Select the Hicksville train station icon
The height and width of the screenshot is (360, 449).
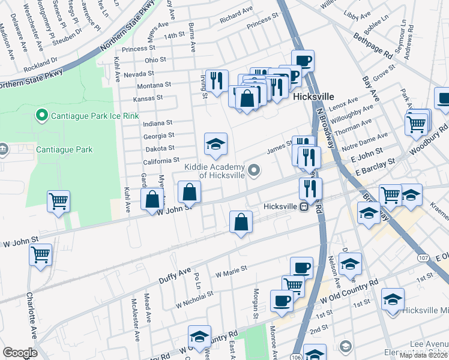304,206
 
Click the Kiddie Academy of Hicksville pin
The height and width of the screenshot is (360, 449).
255,171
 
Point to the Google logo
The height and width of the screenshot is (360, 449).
20,353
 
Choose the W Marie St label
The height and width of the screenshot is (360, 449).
231,273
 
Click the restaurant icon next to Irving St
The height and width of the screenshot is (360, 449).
217,80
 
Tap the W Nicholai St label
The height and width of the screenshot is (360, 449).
195,298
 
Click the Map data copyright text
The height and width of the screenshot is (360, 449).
424,355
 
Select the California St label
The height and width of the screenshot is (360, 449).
160,161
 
